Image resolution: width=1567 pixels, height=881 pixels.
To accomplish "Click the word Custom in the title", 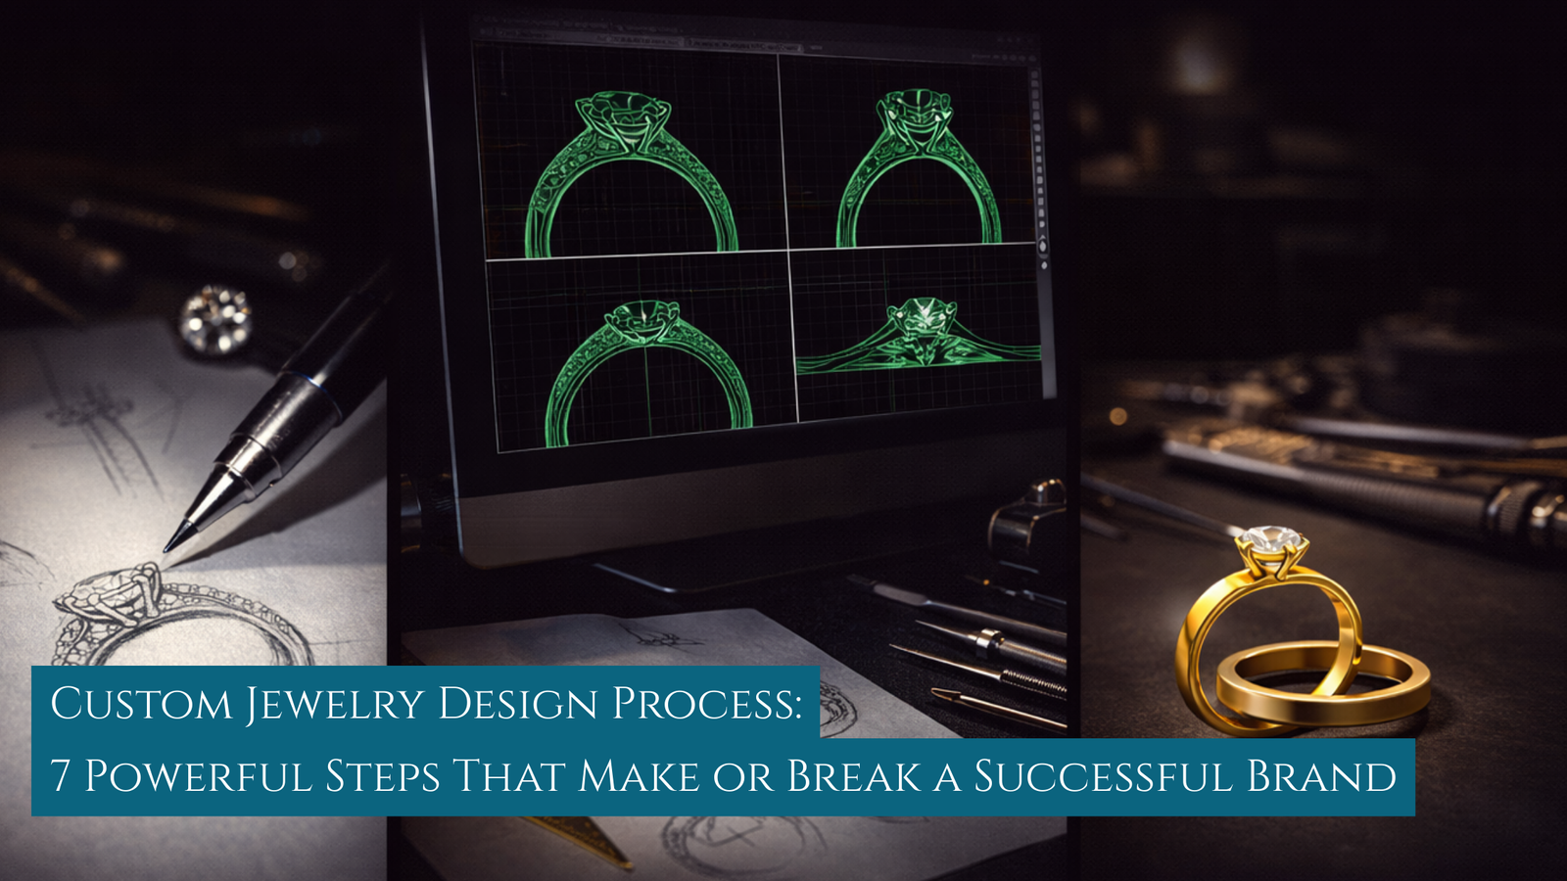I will pos(141,704).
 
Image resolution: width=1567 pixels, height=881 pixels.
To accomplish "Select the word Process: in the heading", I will pos(706,704).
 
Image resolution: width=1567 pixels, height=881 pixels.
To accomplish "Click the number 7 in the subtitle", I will pos(61,776).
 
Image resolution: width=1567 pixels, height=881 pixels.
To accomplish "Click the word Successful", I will pos(1103,776).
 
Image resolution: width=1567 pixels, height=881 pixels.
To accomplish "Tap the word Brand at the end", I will pos(1321,776).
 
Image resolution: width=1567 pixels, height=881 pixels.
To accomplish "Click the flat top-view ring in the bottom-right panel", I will pos(919,338).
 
